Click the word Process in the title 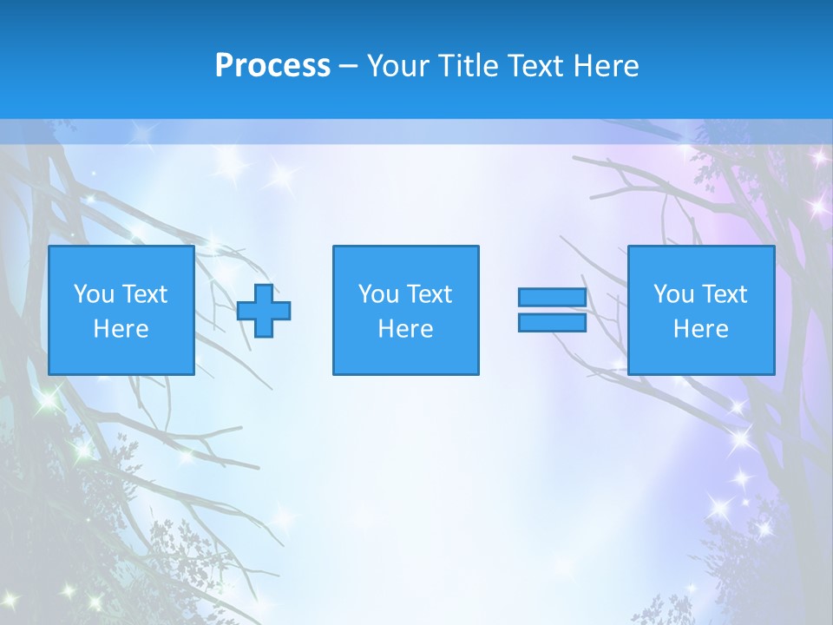[272, 66]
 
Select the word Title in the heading [469, 66]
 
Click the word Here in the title [607, 66]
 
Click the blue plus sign [264, 311]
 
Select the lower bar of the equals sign [552, 322]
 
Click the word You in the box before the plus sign [94, 294]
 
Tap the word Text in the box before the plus [143, 294]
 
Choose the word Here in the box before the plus [121, 329]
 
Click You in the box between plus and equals [378, 294]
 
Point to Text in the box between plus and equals [428, 294]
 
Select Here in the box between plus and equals [405, 329]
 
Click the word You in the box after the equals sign [673, 294]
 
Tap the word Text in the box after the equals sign [723, 294]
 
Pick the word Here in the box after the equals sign [700, 329]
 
